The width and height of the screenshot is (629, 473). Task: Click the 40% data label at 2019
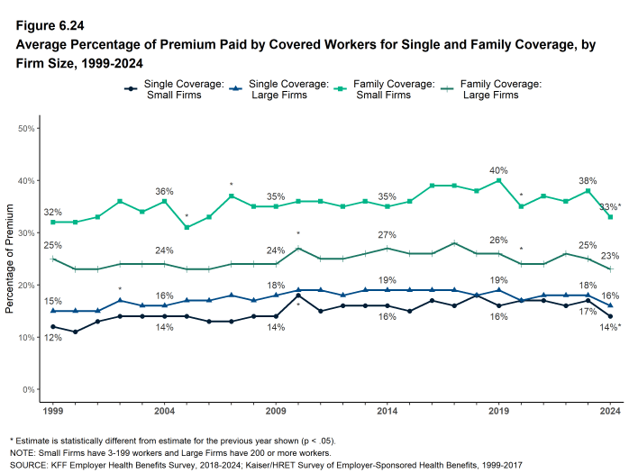(x=498, y=170)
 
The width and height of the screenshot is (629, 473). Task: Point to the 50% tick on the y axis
(x=27, y=129)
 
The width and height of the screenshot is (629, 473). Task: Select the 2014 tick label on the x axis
(x=387, y=409)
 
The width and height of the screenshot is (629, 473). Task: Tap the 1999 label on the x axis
(x=53, y=409)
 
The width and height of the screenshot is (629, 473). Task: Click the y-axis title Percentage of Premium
(x=10, y=262)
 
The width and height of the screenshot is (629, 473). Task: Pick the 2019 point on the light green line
(x=498, y=180)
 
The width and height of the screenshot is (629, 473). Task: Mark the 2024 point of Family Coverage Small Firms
(x=610, y=217)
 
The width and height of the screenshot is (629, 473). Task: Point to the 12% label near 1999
(x=53, y=338)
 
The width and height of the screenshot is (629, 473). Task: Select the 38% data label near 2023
(x=588, y=179)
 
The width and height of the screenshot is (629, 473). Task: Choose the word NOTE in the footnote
(x=20, y=451)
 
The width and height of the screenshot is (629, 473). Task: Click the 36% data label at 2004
(x=165, y=191)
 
